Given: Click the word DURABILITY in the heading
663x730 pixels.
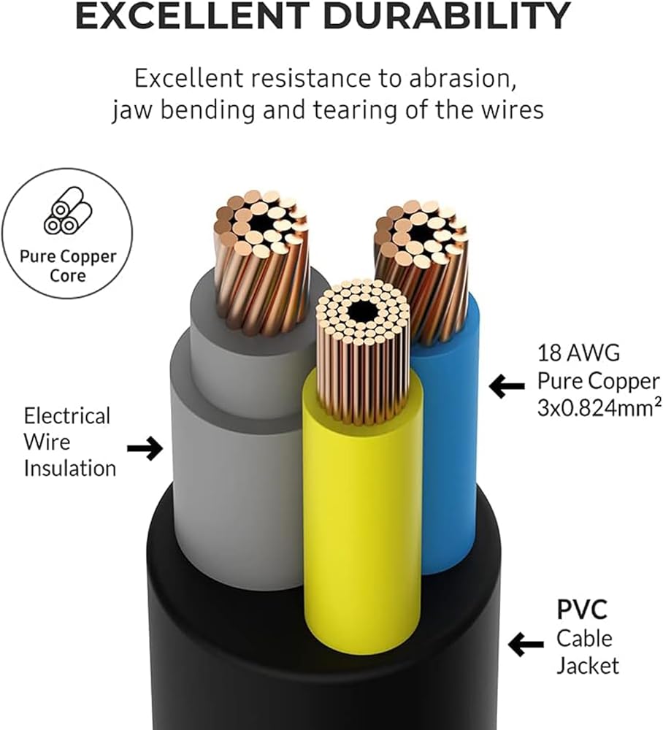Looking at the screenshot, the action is (x=447, y=16).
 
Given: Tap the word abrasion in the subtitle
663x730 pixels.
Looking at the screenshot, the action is (x=462, y=78).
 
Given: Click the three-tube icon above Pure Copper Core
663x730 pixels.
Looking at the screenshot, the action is (x=68, y=210).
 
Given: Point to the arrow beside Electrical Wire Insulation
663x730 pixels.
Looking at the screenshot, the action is (x=145, y=448).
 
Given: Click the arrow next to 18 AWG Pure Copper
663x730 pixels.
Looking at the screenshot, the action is (x=507, y=386).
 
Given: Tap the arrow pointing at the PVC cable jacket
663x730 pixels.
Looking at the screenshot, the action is (x=526, y=645).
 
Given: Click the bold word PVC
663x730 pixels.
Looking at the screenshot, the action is (x=582, y=610).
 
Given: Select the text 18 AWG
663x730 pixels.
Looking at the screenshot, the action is (x=579, y=353).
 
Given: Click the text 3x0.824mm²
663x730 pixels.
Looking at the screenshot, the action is (x=599, y=408).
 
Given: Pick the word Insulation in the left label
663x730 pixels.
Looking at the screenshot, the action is (x=70, y=469).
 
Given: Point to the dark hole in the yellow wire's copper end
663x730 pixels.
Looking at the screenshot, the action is (x=361, y=311).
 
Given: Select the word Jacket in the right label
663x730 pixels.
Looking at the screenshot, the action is (x=588, y=666).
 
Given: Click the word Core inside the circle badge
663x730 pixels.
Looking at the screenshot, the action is (x=67, y=276).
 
